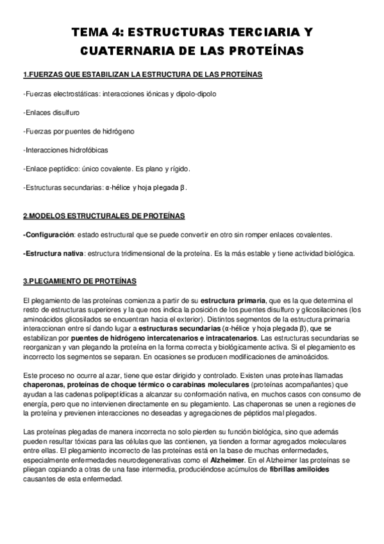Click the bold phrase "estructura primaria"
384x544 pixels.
coord(233,300)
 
